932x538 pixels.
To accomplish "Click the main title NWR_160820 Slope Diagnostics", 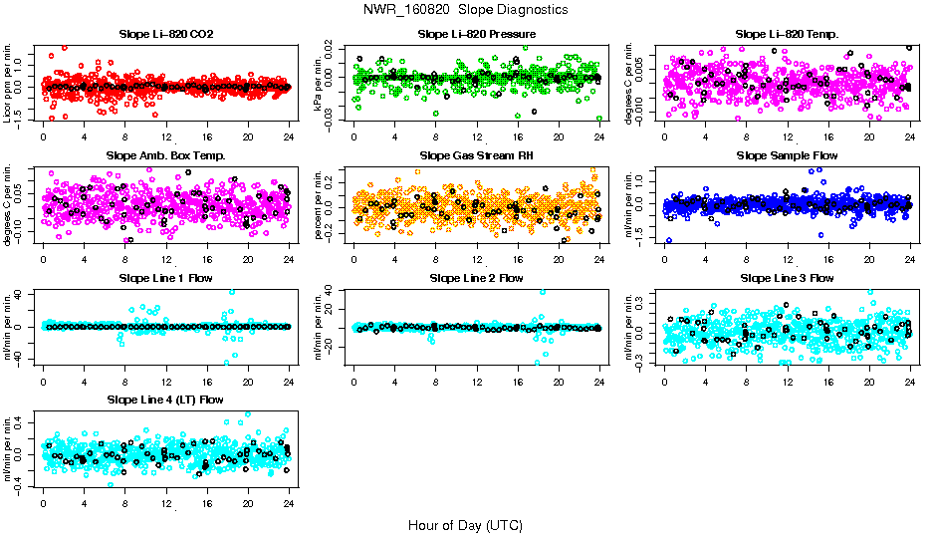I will click(x=466, y=9).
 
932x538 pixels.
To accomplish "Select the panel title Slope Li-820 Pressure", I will click(x=477, y=34).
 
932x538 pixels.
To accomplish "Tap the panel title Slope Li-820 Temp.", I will click(x=787, y=34).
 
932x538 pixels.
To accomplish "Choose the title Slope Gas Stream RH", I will click(x=477, y=155).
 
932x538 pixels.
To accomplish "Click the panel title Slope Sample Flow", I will click(x=787, y=155).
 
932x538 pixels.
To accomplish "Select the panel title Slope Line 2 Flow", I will click(x=477, y=278).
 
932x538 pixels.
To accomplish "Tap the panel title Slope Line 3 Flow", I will click(x=787, y=278).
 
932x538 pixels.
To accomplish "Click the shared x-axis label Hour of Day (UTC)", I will click(x=466, y=524).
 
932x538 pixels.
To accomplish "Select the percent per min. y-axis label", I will click(x=320, y=204).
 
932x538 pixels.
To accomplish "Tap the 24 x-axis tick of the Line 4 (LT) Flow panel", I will click(x=289, y=504).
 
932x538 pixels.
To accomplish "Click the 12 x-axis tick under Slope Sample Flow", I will click(x=788, y=260).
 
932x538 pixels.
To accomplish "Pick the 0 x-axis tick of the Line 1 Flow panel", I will click(x=43, y=382).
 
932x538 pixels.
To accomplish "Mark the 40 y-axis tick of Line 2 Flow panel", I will click(x=339, y=291).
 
